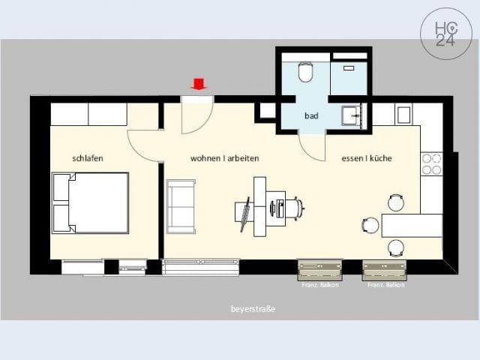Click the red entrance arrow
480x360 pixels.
click(x=199, y=83)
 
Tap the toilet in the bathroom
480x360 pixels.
click(x=305, y=72)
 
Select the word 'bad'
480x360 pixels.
click(x=311, y=116)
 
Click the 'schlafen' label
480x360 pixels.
click(x=88, y=158)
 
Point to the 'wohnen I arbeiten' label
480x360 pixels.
click(x=225, y=158)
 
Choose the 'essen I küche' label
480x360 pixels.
click(x=367, y=158)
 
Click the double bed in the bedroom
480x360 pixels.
click(x=90, y=203)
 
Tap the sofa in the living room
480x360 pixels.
click(x=181, y=206)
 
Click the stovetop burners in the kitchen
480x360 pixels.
click(x=431, y=164)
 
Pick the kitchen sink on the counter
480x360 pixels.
click(x=403, y=115)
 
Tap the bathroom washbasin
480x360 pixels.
click(x=351, y=116)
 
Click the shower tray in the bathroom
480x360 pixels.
click(x=348, y=78)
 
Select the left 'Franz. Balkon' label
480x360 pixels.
click(x=320, y=285)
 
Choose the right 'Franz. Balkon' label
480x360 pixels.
click(x=386, y=285)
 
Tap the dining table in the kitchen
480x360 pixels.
click(x=411, y=225)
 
